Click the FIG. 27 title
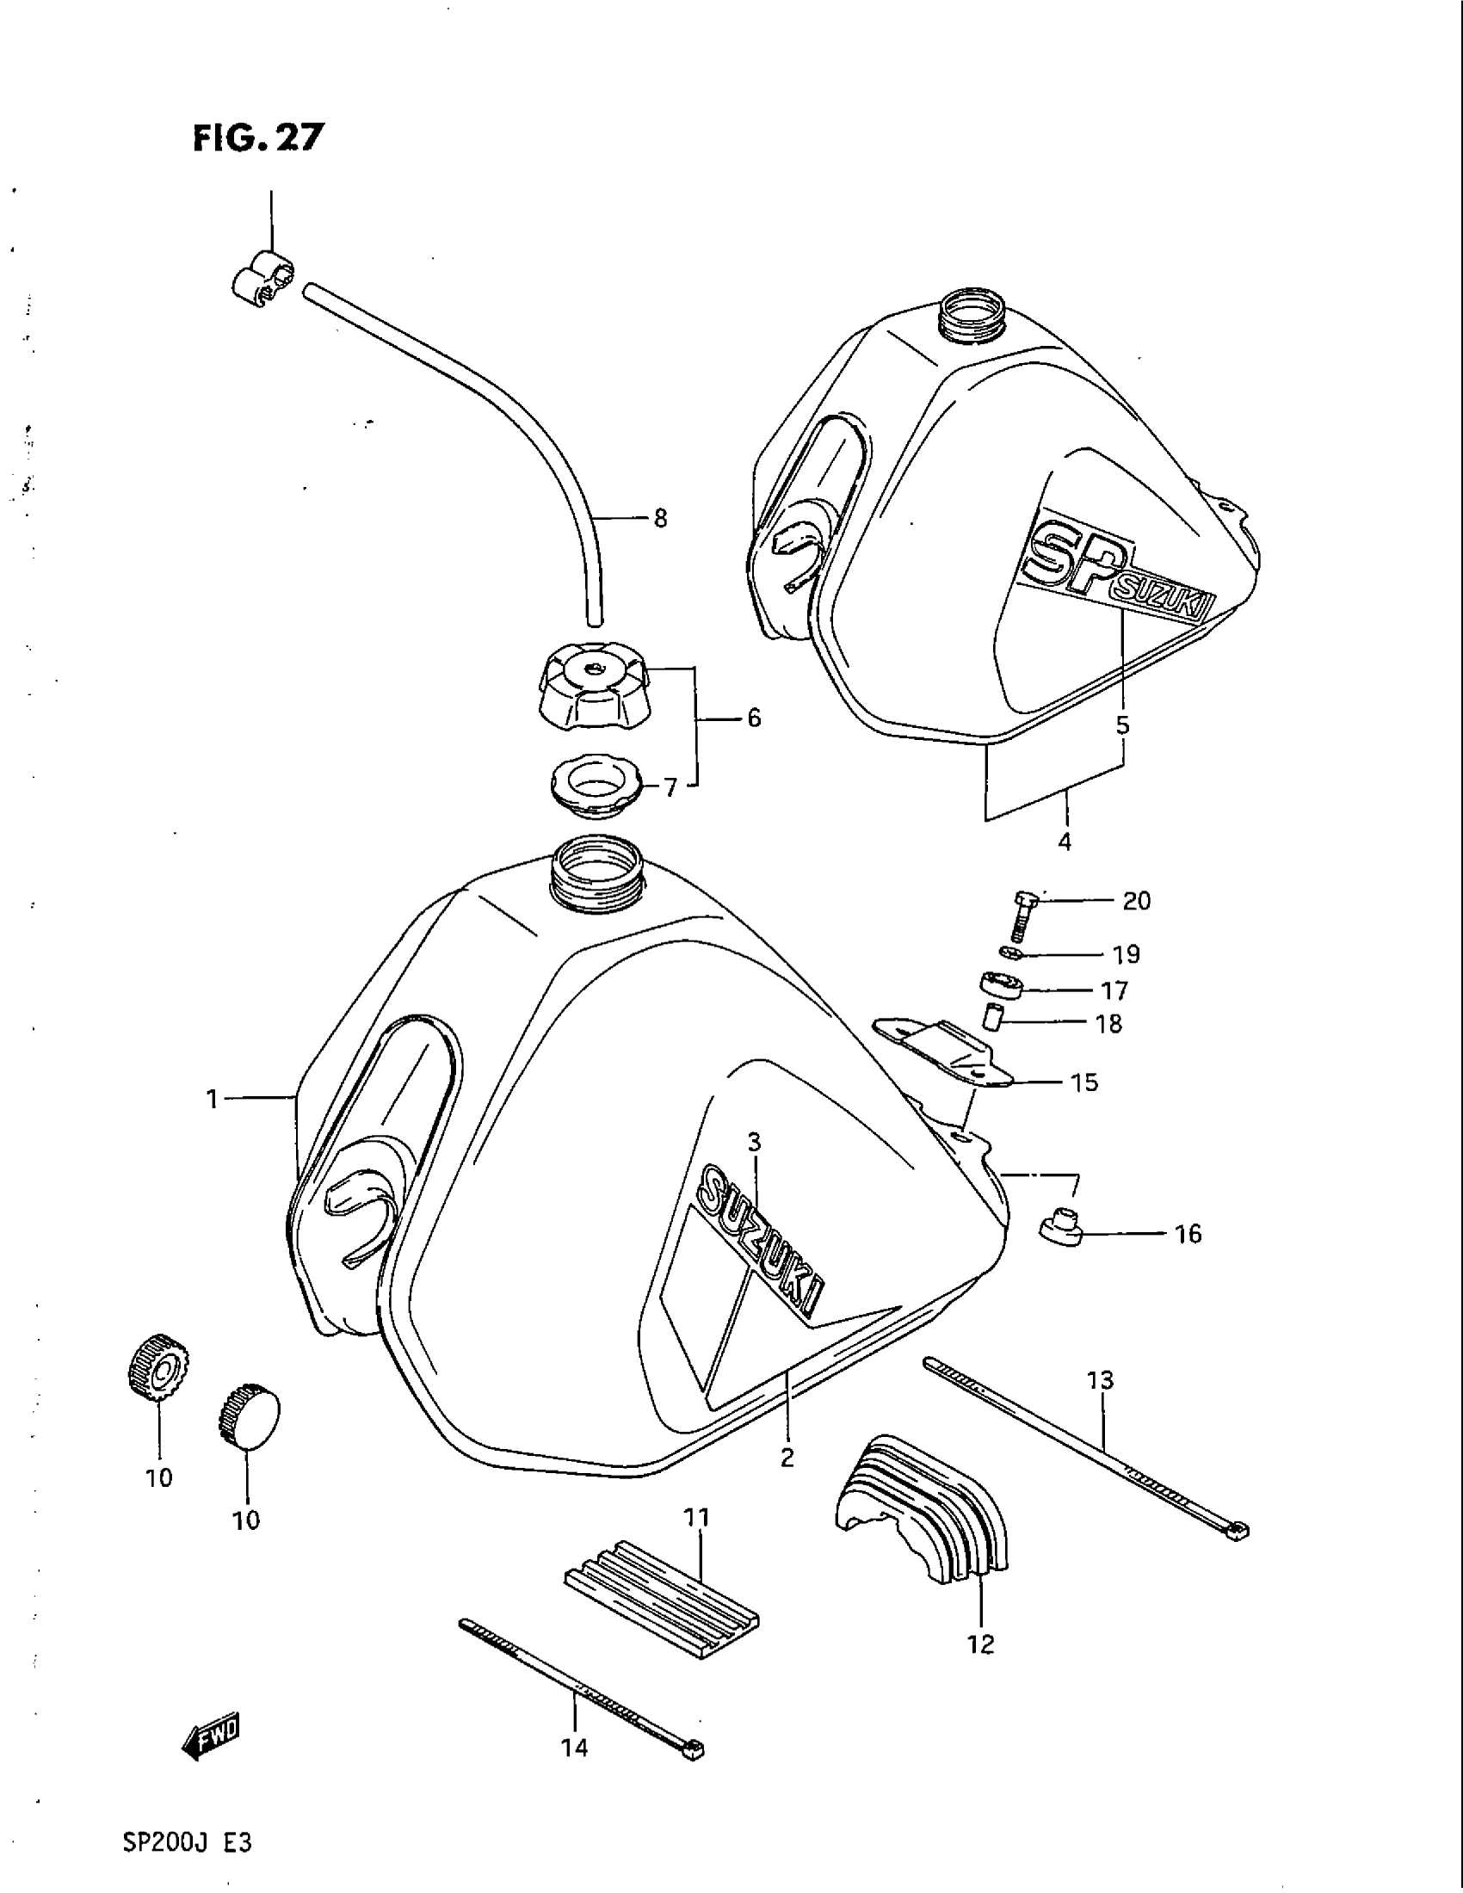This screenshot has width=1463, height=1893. (x=257, y=137)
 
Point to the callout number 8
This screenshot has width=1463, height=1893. (x=660, y=519)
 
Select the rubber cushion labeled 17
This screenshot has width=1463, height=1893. (x=1003, y=987)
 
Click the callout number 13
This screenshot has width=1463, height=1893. (x=1100, y=1379)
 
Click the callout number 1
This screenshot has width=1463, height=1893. (x=211, y=1099)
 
